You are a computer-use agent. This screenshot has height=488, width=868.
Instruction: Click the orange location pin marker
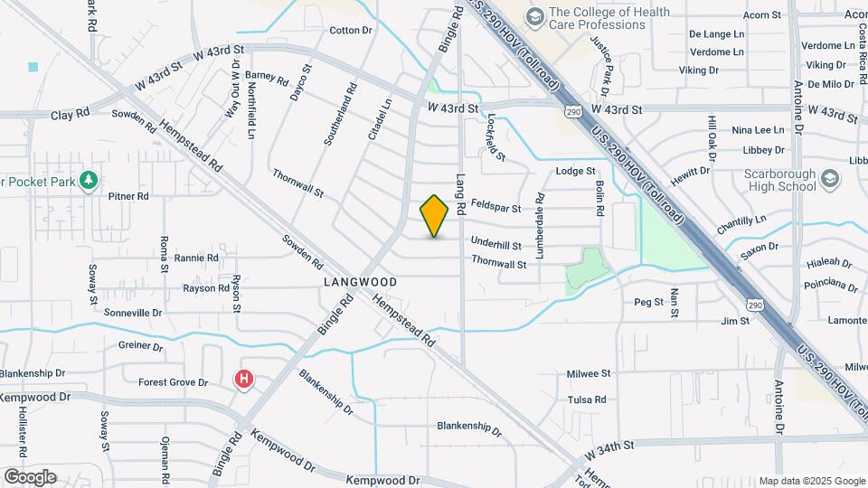point(434,215)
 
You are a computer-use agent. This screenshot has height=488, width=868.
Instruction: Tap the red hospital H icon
point(243,380)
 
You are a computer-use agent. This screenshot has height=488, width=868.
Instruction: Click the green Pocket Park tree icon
point(88,180)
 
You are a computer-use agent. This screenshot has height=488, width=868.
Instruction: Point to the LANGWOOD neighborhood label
point(360,282)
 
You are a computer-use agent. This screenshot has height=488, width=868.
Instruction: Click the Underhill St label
point(495,245)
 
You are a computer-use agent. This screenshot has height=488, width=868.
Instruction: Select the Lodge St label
point(575,171)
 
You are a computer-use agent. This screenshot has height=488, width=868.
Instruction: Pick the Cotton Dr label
point(351,31)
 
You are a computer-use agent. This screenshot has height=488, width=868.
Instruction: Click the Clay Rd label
point(71,115)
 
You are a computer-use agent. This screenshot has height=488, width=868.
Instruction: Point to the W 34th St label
point(610,446)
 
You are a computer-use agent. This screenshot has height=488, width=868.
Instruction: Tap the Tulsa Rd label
point(586,399)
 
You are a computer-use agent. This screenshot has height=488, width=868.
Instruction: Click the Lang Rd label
point(460,194)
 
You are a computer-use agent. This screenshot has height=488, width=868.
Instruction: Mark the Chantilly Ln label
point(741,220)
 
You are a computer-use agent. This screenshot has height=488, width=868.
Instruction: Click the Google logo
point(30,476)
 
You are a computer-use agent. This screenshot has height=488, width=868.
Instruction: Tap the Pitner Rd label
point(127,196)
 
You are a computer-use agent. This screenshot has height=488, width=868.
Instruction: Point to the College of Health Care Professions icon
point(534,17)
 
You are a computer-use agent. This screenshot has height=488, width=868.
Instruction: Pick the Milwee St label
point(589,373)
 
